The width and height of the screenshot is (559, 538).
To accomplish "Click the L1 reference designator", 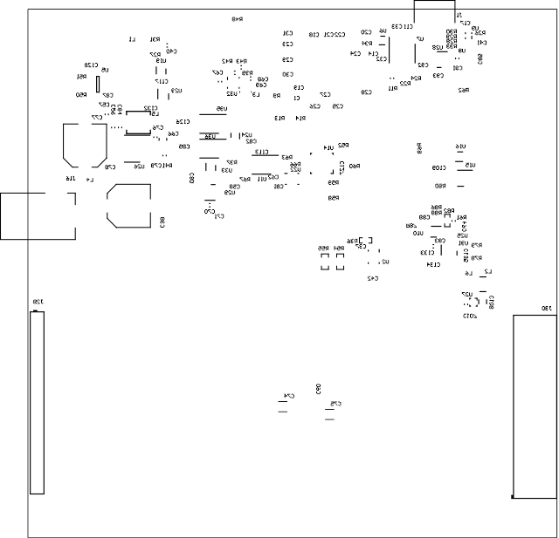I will (133, 39).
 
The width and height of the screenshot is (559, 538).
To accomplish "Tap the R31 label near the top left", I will (155, 39).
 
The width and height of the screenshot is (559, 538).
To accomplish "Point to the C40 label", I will (170, 51).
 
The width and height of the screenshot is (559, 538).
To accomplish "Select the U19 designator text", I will (162, 60).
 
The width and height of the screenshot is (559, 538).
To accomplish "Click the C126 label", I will (182, 122).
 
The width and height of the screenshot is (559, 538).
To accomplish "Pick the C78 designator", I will (110, 166).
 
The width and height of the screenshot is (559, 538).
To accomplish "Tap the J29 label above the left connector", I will (37, 303).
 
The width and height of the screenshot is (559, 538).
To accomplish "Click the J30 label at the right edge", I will (546, 308).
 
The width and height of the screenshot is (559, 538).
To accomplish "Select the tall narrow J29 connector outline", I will (37, 402).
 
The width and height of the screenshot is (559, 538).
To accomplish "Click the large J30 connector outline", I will (534, 405).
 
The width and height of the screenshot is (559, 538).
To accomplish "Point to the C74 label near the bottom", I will (289, 395).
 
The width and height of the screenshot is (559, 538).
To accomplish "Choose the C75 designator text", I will (335, 403).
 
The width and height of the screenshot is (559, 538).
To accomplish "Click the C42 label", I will (371, 278).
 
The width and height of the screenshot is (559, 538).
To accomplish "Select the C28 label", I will (367, 92).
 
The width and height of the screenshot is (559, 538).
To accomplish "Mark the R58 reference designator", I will (334, 199).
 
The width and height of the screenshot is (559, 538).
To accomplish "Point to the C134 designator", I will (431, 263).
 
